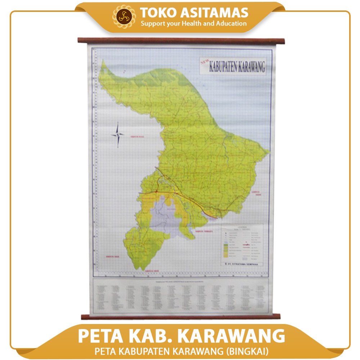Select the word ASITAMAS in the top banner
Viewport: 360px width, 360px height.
213,13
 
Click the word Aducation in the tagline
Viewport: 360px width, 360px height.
230,24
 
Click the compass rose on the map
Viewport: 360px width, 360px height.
118,135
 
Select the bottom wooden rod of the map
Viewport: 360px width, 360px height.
180,317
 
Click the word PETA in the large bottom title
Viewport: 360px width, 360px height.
100,336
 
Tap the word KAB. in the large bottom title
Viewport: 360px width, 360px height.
151,336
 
